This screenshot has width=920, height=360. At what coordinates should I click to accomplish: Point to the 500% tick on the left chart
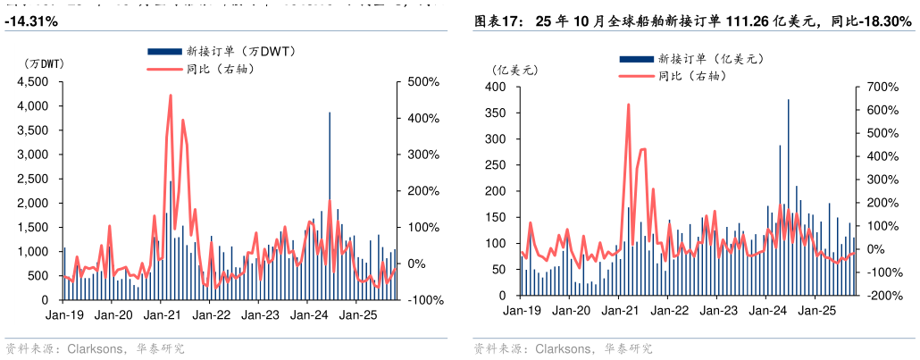tap(422, 81)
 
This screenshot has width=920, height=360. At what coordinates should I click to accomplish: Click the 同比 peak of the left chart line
tap(170, 96)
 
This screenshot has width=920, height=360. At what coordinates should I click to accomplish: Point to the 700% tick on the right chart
tap(881, 88)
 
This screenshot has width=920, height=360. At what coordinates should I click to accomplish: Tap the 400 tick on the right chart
tap(497, 88)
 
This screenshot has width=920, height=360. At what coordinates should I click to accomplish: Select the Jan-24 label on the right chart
tap(767, 310)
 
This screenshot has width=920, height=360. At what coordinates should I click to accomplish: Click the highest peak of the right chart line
tap(628, 105)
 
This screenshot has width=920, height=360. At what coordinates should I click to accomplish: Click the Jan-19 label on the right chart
tap(522, 310)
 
